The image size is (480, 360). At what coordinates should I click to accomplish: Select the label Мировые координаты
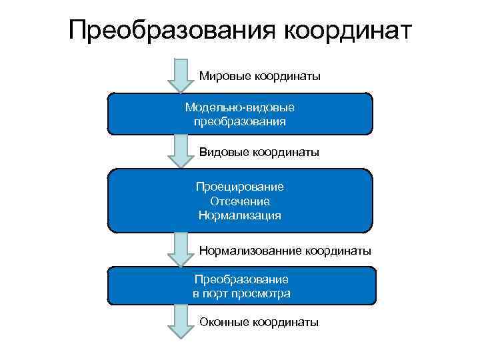click(259, 77)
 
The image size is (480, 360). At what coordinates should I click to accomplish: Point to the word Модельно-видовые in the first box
click(240, 107)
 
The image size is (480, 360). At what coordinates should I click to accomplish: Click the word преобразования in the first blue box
click(240, 121)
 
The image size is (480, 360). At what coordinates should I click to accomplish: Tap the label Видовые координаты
click(259, 153)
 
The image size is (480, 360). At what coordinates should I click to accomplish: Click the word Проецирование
click(240, 187)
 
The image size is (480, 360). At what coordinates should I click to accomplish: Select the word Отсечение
click(240, 201)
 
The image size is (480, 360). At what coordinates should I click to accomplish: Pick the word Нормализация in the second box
click(240, 215)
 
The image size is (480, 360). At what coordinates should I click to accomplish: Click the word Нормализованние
click(251, 251)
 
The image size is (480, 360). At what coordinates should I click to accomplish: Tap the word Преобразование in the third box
click(241, 279)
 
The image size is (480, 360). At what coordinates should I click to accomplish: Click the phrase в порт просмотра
click(241, 293)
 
